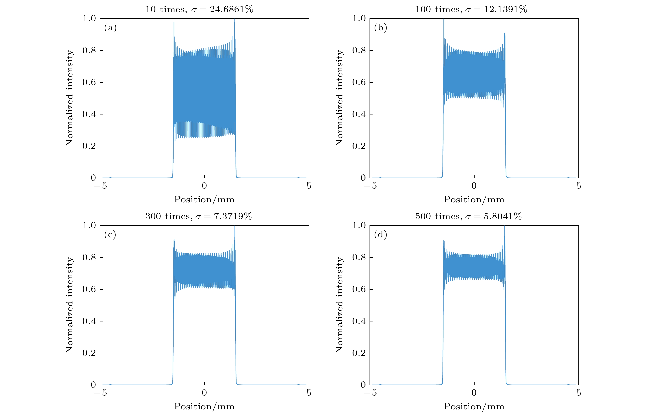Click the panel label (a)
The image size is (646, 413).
(110, 28)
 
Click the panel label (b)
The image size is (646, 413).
(380, 28)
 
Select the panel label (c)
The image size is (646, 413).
(110, 235)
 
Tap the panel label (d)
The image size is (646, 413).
(380, 235)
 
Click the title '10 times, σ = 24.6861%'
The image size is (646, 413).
(199, 9)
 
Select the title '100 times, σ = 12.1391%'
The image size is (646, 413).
(471, 9)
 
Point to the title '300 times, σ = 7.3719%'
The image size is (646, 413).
(198, 216)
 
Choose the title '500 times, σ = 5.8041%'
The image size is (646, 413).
(468, 216)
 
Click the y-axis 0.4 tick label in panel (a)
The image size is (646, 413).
(89, 114)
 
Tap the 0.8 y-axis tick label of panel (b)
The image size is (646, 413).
(359, 50)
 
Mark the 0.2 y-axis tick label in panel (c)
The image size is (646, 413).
(89, 353)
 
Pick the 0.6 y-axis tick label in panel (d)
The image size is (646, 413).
(359, 289)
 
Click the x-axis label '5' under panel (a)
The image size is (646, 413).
(309, 186)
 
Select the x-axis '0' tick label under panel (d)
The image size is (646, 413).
(474, 393)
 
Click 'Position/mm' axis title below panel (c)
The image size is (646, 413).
(204, 406)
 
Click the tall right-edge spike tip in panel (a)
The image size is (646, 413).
(235, 19)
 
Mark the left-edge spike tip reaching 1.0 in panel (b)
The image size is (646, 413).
(444, 19)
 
